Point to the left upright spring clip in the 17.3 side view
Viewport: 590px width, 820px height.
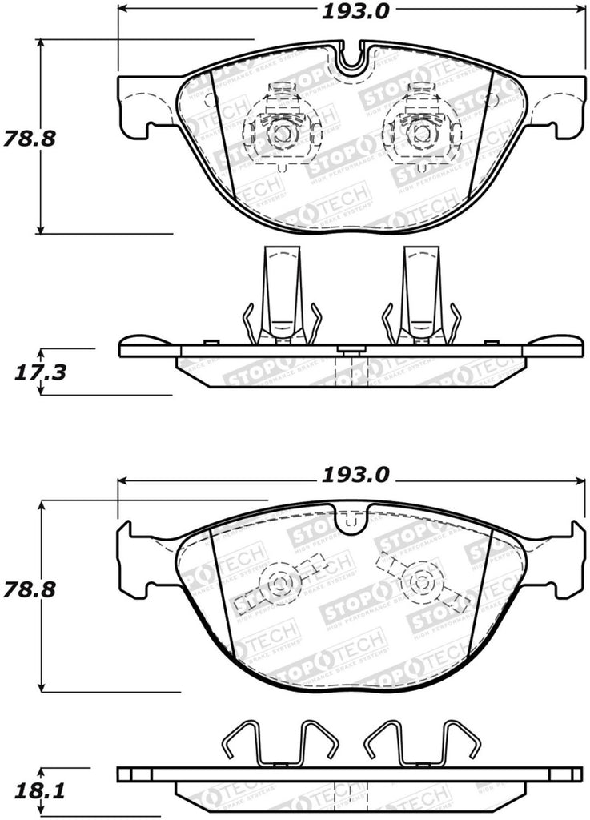[x=282, y=296]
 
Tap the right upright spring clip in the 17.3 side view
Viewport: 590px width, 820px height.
[x=420, y=296]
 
